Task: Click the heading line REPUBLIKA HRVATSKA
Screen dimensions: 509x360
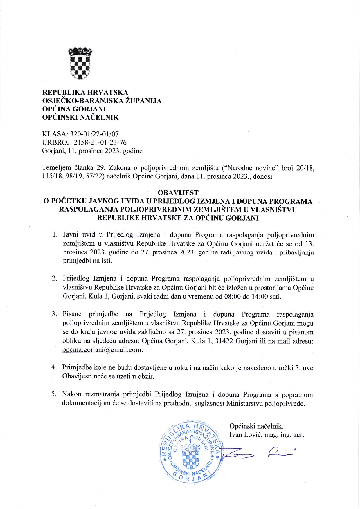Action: click(x=85, y=92)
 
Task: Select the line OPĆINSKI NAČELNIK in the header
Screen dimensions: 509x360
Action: click(x=80, y=117)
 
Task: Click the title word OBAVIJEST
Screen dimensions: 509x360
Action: click(x=178, y=193)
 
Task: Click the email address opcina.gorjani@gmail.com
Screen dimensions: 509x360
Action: click(x=102, y=350)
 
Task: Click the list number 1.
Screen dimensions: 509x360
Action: click(x=55, y=234)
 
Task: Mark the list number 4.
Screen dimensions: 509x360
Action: click(x=54, y=367)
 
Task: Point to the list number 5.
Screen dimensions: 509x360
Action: click(x=54, y=394)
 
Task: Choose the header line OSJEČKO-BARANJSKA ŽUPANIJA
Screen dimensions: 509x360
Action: click(x=102, y=101)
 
